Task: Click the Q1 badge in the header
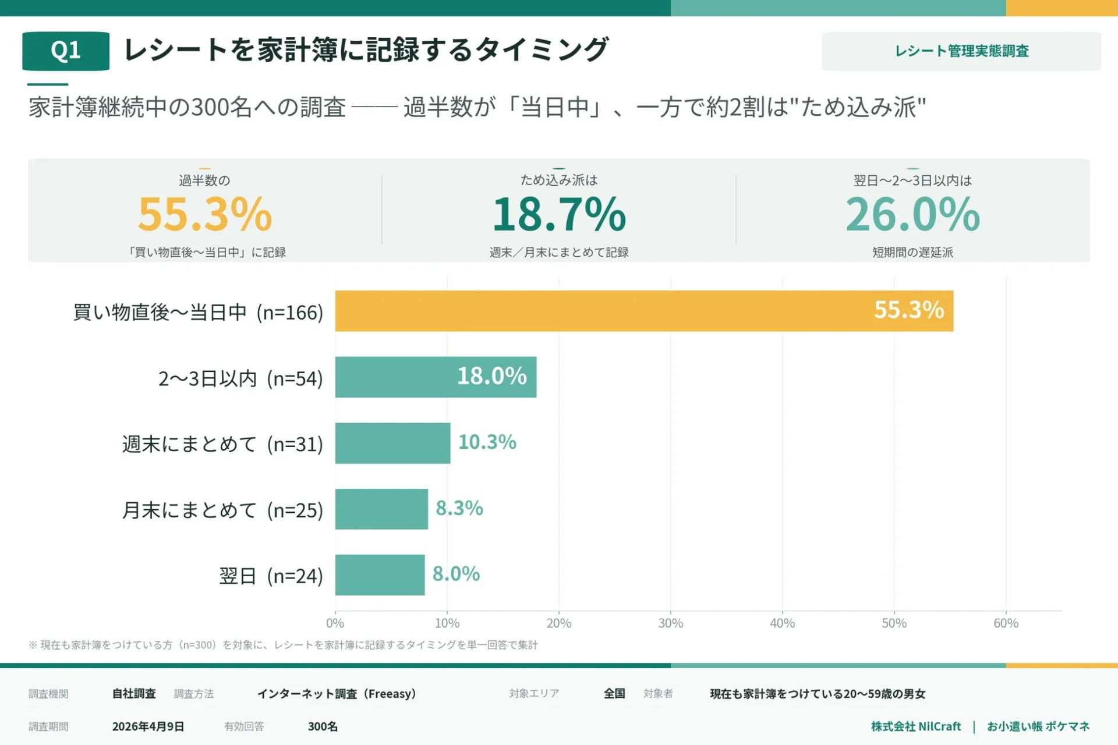[66, 51]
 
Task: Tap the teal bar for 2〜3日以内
[396, 377]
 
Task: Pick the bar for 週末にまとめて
[392, 443]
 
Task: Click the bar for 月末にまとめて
[381, 509]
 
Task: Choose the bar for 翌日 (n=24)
[380, 575]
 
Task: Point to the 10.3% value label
[487, 442]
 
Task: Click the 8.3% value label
[459, 508]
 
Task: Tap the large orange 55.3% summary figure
[205, 214]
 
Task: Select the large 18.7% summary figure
[559, 214]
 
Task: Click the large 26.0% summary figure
[912, 214]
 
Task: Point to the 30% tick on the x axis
[670, 623]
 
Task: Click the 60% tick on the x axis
[1006, 623]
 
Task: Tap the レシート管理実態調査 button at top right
[961, 51]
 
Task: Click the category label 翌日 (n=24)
[271, 576]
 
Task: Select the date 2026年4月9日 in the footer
[148, 726]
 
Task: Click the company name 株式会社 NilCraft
[915, 726]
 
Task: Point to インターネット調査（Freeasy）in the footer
[337, 694]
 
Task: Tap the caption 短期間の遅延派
[912, 252]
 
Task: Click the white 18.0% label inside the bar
[491, 376]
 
